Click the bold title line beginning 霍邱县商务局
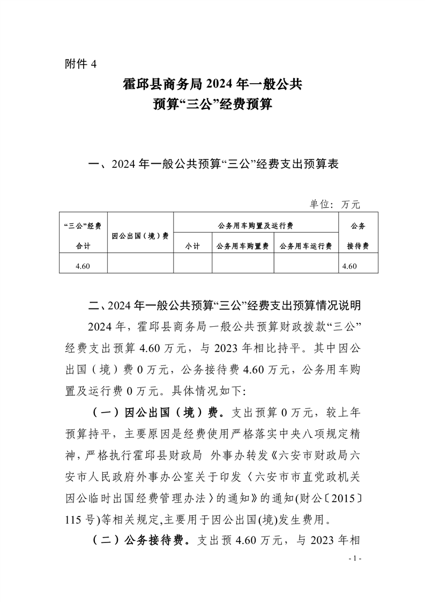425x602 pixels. tap(212, 84)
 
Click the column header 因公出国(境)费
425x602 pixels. tap(140, 236)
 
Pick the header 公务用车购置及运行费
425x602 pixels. tap(256, 225)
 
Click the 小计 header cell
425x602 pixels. tap(192, 246)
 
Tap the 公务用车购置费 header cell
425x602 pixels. tap(243, 246)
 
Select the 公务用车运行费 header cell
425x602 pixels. tap(306, 246)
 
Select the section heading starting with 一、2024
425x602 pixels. tap(213, 164)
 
